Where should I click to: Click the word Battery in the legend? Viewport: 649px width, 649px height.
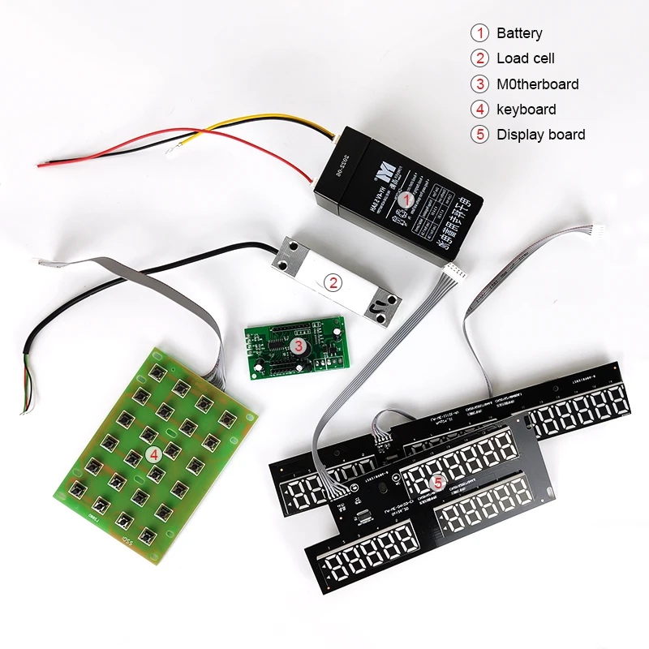point(519,33)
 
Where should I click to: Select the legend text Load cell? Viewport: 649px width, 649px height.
point(526,58)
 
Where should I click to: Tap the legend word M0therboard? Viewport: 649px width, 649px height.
point(538,84)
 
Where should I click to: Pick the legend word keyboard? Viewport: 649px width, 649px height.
point(527,110)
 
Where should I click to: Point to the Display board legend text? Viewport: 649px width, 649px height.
point(541,135)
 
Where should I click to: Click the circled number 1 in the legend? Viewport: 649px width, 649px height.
point(481,33)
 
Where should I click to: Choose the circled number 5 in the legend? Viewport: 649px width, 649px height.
point(481,135)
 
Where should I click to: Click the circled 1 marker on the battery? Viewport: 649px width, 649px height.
point(410,197)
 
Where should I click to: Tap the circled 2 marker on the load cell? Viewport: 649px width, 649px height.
point(332,282)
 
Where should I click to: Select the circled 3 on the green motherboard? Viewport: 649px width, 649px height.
point(299,346)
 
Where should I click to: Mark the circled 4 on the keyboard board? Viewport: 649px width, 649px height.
point(154,454)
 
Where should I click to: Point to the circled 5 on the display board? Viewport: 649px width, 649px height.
point(438,483)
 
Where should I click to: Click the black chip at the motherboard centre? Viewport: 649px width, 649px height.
point(281,347)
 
